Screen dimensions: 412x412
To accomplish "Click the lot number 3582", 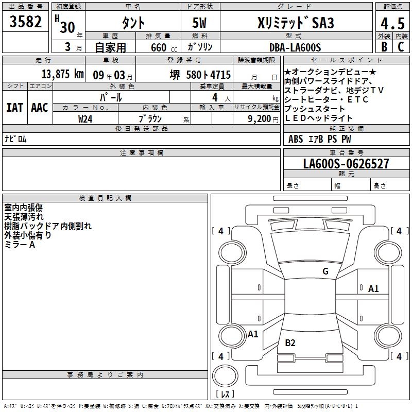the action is [x=25, y=22].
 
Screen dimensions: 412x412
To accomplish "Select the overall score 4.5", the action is [x=392, y=23].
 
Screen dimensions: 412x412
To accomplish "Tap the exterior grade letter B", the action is [x=384, y=46].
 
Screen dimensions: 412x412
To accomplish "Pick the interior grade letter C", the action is [x=401, y=46].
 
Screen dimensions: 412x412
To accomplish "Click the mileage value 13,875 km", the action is [x=63, y=74].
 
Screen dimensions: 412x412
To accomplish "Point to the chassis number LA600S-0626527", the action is [x=346, y=164].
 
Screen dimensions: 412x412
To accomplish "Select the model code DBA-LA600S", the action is [x=295, y=47].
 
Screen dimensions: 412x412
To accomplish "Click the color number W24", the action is [x=85, y=119].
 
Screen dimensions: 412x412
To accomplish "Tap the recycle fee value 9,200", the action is [x=260, y=119].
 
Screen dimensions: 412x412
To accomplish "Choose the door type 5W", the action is [x=199, y=23].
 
